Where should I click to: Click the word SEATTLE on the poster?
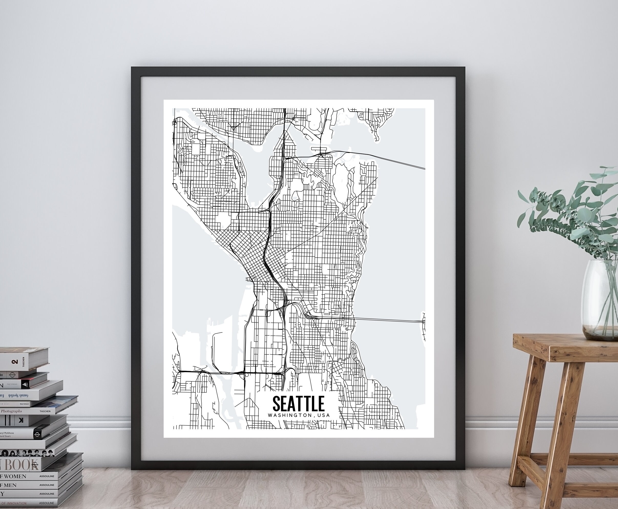tap(298, 404)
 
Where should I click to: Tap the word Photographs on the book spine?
tap(12, 411)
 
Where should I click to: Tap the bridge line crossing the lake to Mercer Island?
tap(387, 320)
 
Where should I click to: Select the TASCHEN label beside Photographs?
tap(45, 411)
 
